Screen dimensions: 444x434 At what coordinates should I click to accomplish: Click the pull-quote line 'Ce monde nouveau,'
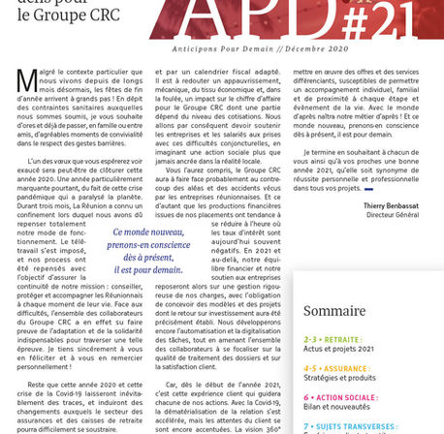click(x=150, y=232)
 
